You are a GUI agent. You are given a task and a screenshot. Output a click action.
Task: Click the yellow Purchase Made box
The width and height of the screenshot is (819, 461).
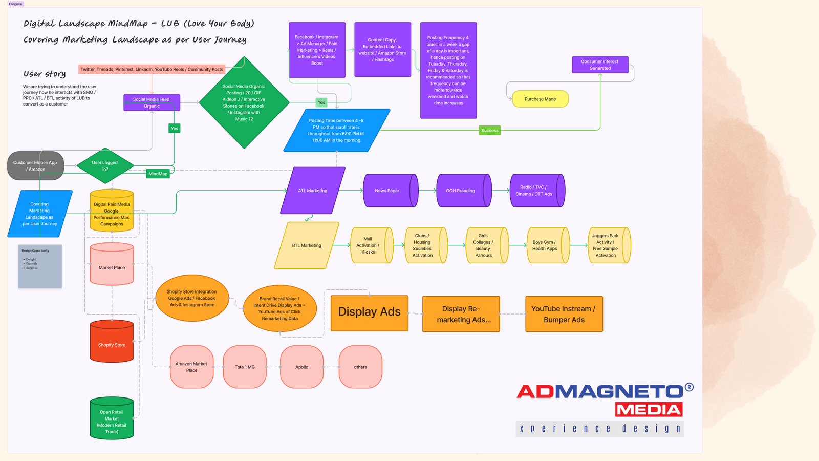540,99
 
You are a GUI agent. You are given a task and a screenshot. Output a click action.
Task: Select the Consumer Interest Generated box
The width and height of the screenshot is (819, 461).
600,65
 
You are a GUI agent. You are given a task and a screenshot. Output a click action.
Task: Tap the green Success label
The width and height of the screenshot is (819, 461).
489,131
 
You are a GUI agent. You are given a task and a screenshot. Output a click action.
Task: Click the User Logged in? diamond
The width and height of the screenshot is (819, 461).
105,165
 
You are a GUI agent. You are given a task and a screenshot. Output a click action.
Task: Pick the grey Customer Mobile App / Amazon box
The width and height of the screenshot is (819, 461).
35,165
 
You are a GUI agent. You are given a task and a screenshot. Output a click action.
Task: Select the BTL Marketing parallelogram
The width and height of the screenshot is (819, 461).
307,245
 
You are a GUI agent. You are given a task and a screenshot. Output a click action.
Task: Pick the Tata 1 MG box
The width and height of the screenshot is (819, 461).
245,367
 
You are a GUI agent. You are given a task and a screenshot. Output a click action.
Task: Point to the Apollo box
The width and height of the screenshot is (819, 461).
301,367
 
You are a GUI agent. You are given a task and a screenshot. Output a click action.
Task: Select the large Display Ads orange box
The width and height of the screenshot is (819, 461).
369,312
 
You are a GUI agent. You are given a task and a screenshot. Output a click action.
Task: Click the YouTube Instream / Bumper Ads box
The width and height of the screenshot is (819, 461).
564,314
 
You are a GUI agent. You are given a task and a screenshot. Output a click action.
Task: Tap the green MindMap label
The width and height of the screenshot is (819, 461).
158,174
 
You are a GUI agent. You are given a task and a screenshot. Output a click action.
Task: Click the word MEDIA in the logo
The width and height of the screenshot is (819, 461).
649,410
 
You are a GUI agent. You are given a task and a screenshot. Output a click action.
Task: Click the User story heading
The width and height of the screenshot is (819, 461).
45,74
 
